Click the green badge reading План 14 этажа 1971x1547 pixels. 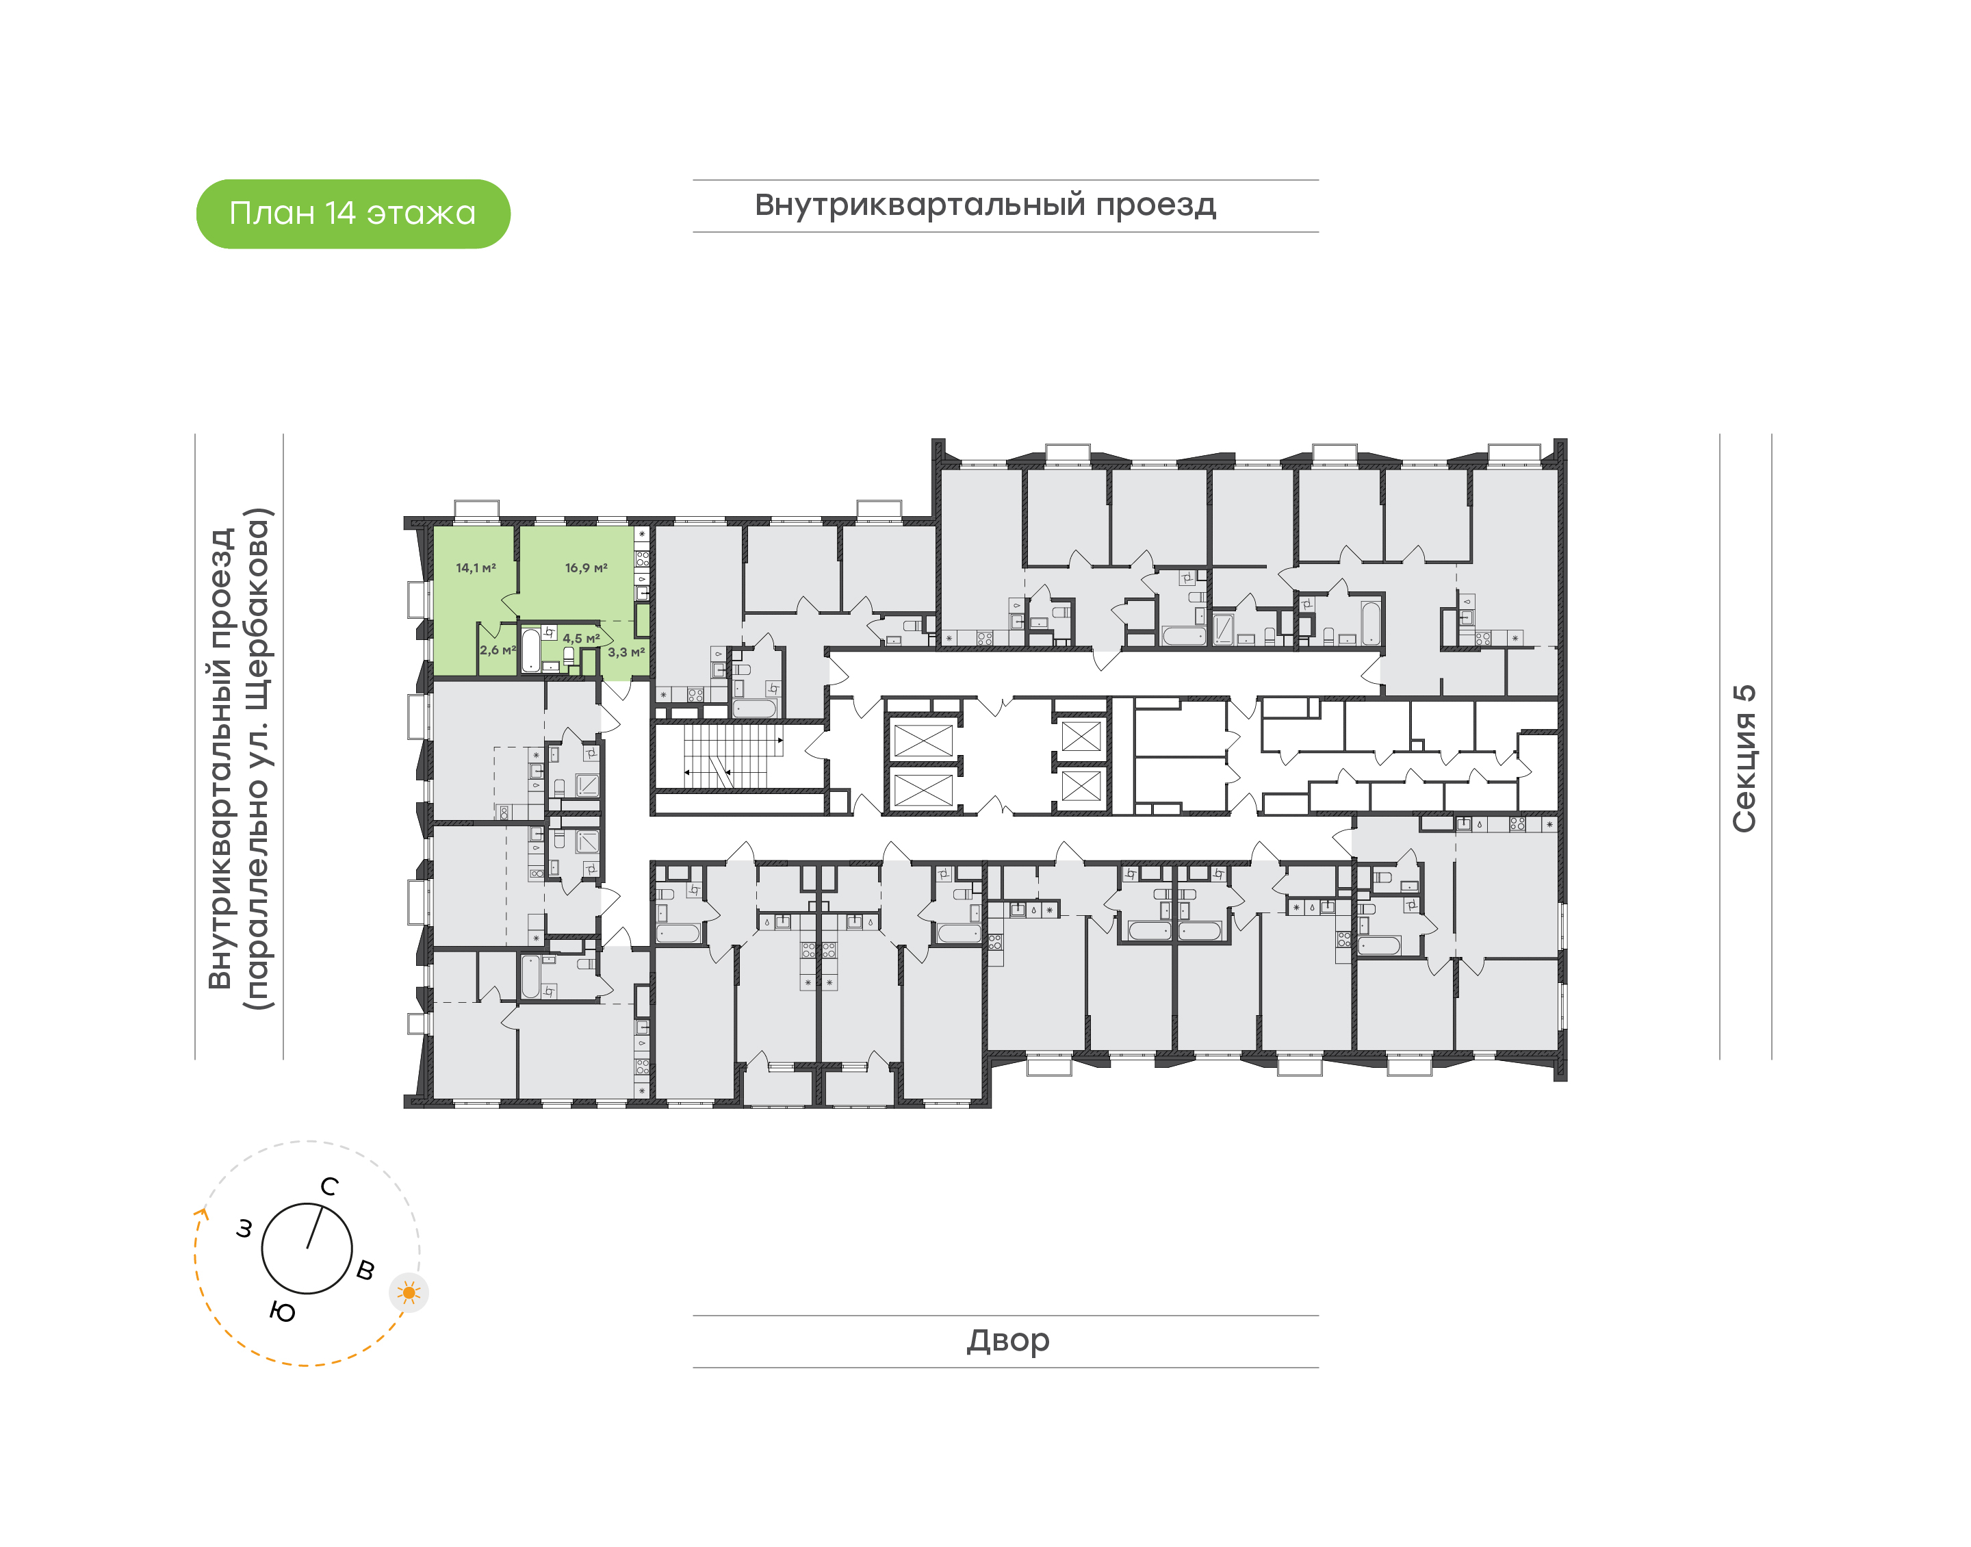click(353, 214)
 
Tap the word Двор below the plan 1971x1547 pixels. click(1007, 1340)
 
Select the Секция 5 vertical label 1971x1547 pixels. click(1744, 758)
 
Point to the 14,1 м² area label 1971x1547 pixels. click(476, 568)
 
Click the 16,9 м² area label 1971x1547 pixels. click(586, 568)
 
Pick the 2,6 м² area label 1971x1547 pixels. click(497, 650)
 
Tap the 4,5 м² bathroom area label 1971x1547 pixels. click(580, 639)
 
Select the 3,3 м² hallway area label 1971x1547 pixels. click(626, 652)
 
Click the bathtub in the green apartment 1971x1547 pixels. click(530, 650)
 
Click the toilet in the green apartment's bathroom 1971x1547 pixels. click(569, 656)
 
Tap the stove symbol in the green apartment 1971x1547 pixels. click(642, 558)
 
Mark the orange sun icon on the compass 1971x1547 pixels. click(409, 1292)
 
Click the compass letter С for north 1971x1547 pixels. click(330, 1186)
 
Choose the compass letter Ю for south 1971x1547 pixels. click(283, 1312)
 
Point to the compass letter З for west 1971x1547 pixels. click(244, 1229)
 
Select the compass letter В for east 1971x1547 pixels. click(365, 1270)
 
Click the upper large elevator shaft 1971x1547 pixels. click(923, 740)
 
